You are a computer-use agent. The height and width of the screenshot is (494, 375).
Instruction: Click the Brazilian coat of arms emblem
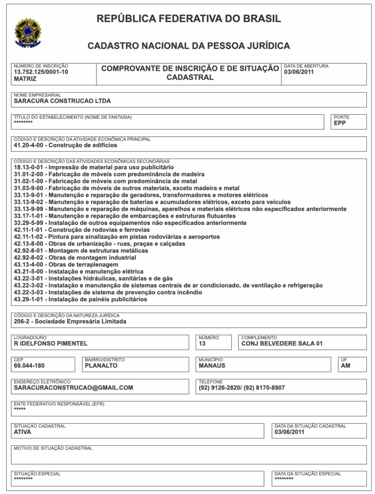pos(28,32)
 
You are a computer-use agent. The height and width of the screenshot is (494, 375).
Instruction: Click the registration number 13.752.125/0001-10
pos(41,72)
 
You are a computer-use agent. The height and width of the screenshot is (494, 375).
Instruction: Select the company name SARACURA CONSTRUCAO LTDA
pos(62,101)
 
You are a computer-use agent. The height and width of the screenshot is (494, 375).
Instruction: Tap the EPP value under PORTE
pos(340,123)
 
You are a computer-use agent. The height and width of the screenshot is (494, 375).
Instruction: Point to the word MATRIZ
pos(25,78)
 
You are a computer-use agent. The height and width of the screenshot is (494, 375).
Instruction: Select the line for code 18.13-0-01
pos(94,167)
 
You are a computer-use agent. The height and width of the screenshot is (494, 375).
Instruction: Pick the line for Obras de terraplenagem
pos(66,264)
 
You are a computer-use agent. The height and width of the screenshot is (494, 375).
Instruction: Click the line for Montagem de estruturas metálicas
pos(81,251)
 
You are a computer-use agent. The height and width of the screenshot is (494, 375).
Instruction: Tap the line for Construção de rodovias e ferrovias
pos(81,230)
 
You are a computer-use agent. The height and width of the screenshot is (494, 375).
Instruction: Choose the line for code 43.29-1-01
pos(80,299)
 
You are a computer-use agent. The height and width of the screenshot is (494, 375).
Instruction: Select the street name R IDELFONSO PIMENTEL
pos(51,343)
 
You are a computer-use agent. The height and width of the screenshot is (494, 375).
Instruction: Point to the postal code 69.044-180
pos(29,366)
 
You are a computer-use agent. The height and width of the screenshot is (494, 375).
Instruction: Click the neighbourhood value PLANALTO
pos(101,366)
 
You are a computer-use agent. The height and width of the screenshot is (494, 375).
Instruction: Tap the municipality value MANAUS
pos(212,366)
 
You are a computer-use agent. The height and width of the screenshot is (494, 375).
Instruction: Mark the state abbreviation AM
pos(346,366)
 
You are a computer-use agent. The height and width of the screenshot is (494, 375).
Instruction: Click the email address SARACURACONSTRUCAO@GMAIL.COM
pos(73,387)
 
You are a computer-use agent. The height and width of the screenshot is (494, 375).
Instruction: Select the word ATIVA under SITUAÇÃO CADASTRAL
pos(23,432)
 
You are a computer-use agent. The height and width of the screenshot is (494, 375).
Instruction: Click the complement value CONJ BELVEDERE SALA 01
pos(282,343)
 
